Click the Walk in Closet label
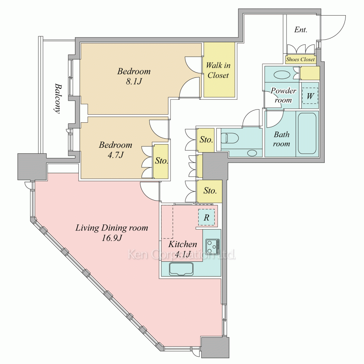click(x=218, y=70)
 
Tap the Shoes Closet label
click(x=300, y=59)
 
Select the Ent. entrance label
click(x=301, y=30)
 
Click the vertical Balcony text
click(x=58, y=98)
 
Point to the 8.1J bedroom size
click(x=134, y=82)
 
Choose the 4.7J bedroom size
click(x=116, y=155)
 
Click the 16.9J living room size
click(x=112, y=238)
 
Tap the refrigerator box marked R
click(x=206, y=217)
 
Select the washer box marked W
click(x=310, y=96)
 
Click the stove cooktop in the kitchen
click(x=213, y=246)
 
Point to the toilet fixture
click(x=230, y=138)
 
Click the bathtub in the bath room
click(x=307, y=133)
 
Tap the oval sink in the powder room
click(x=282, y=75)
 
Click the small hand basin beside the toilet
click(x=252, y=153)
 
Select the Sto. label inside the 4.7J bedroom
click(x=161, y=161)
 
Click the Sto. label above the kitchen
click(x=210, y=191)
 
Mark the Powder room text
click(x=283, y=95)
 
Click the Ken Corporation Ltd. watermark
click(x=182, y=254)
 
